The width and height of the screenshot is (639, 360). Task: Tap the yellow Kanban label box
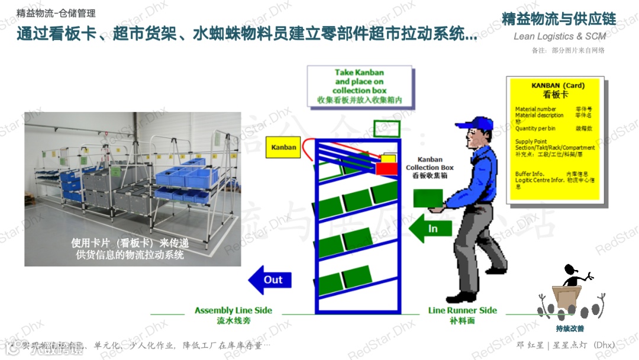coord(283,147)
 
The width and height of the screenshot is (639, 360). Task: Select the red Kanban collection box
coord(388,169)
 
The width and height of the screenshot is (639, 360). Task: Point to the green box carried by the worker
coord(428,198)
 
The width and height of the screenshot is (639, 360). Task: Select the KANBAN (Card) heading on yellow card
coord(557,86)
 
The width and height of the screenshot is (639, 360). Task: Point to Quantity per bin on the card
coord(535,128)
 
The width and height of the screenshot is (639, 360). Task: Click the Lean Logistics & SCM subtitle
coord(559,37)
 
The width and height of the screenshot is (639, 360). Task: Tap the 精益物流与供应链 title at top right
coord(559,19)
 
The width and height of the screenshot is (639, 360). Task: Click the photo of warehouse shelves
coord(133,189)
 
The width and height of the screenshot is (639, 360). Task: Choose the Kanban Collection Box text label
coord(430,168)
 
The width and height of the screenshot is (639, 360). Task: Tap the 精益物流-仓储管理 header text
coord(56,13)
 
